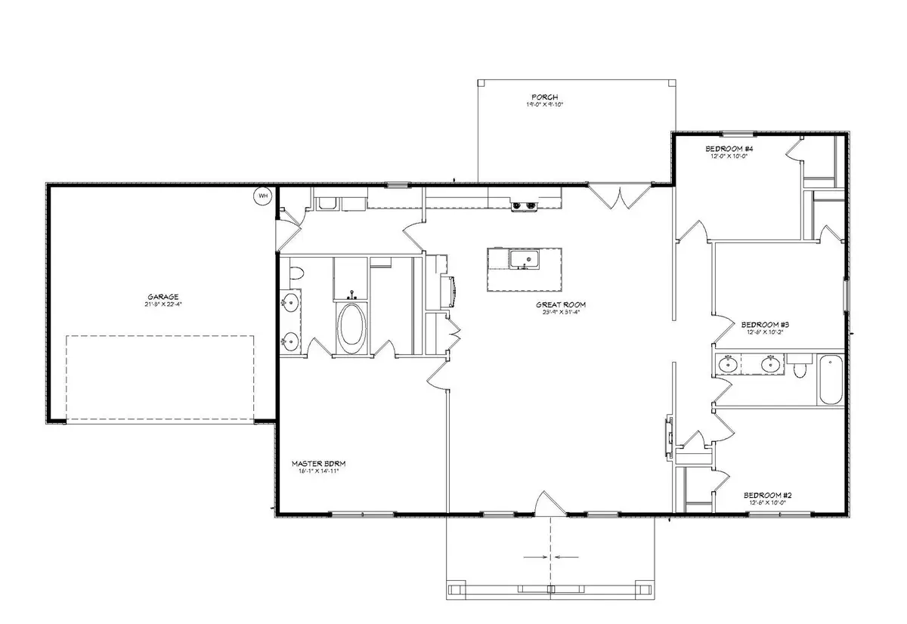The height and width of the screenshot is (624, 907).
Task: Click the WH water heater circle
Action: [x=263, y=196]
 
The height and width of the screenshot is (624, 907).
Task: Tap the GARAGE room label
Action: [x=163, y=297]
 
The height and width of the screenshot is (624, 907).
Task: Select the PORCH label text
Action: [x=544, y=97]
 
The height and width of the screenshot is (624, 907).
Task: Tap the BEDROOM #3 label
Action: [x=766, y=323]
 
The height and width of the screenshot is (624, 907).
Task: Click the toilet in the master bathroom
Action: [x=296, y=273]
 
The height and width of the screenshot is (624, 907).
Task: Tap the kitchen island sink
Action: [x=525, y=261]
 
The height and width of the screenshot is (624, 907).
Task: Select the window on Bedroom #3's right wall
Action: [x=845, y=295]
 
